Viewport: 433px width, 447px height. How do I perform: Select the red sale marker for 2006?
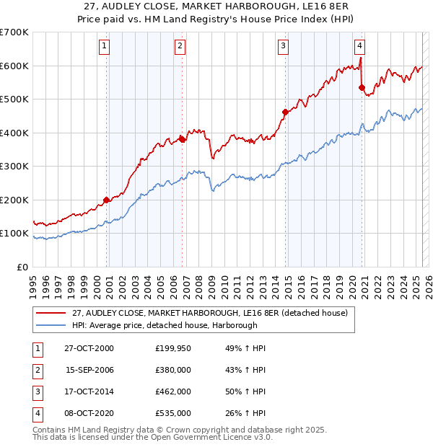pos(182,140)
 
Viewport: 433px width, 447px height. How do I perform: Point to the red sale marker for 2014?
pos(285,112)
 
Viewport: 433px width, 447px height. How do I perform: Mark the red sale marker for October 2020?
pos(362,87)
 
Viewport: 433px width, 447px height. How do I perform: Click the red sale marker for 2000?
pos(107,200)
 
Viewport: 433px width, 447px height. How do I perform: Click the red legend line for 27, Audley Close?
pos(51,313)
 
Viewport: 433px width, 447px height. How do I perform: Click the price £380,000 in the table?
pos(173,370)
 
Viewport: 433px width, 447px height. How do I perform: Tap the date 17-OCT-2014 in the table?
pos(89,391)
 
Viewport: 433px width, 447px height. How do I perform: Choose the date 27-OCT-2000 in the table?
pos(89,348)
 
